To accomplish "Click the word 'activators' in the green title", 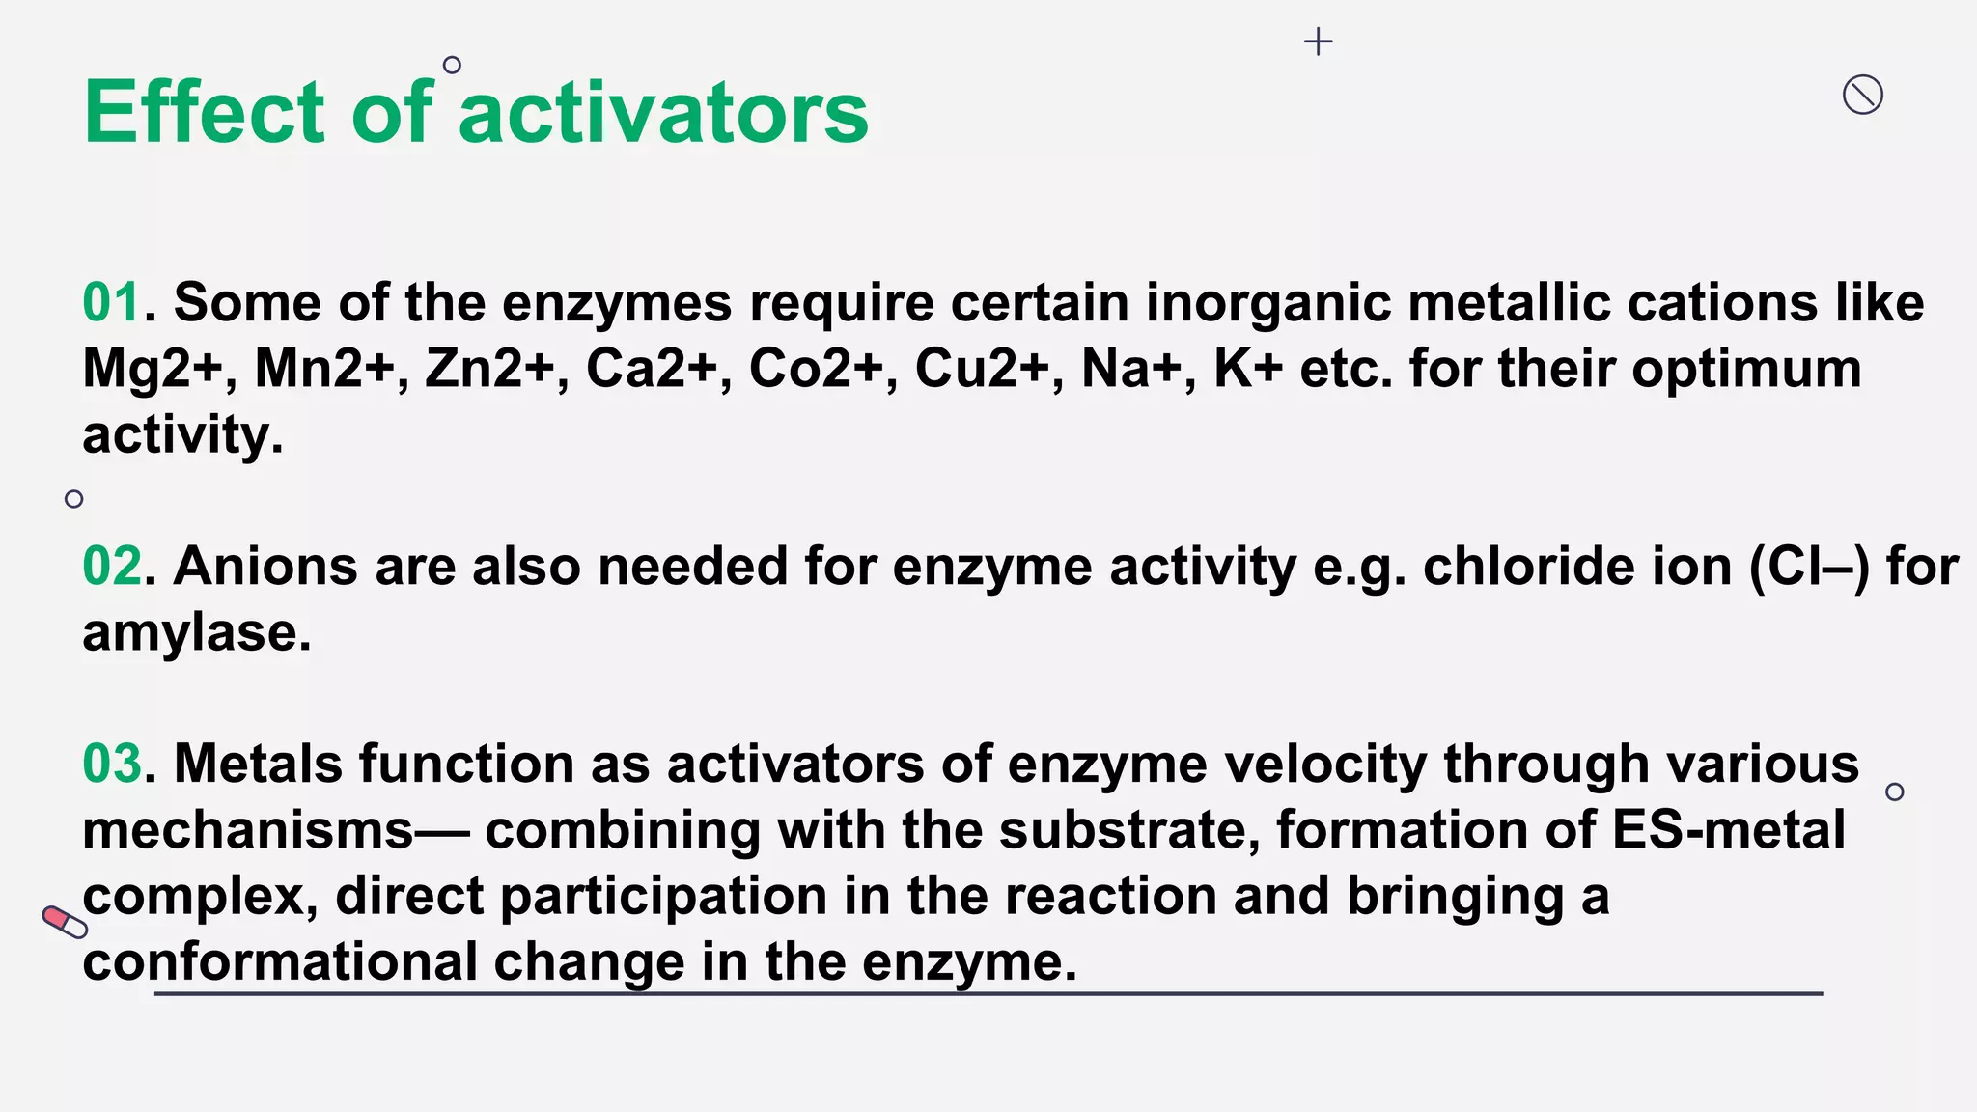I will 663,113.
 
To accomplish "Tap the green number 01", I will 112,302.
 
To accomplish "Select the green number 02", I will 112,566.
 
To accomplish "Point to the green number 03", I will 112,764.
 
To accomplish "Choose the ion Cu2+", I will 983,369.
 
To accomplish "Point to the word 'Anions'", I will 266,566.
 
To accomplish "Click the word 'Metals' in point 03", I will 258,764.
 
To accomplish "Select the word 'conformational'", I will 280,962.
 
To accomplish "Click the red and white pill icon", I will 65,922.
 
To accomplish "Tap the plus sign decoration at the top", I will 1318,42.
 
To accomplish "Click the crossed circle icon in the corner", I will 1862,95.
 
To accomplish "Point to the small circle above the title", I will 452,65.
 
